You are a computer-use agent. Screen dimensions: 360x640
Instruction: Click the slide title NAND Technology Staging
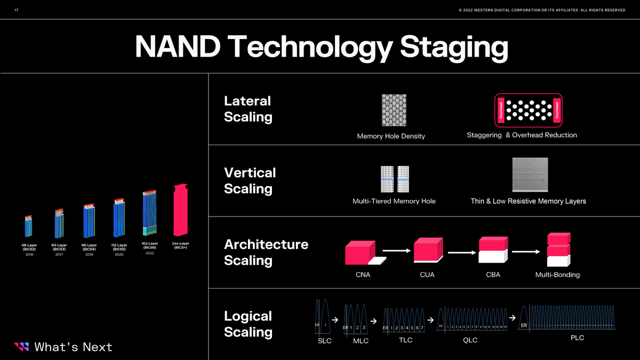click(321, 47)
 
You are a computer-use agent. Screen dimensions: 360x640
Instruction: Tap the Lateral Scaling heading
click(247, 109)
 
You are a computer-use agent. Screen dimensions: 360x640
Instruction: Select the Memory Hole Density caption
click(391, 136)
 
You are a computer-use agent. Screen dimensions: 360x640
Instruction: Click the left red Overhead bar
click(501, 109)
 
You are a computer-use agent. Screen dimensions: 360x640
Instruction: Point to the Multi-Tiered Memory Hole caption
click(394, 201)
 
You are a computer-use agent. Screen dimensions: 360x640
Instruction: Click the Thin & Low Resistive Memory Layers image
click(530, 174)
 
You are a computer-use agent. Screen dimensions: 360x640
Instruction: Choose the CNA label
click(363, 275)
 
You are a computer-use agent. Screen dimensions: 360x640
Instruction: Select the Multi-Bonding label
click(557, 275)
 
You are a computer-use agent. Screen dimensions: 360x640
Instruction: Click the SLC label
click(324, 341)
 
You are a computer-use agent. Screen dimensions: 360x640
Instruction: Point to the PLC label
click(577, 338)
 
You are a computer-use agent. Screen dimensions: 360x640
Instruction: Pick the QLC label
click(470, 340)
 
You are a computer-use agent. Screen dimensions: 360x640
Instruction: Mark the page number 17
click(16, 10)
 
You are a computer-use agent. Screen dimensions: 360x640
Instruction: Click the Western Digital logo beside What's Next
click(21, 347)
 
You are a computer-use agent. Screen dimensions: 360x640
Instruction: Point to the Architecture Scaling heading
click(266, 252)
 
